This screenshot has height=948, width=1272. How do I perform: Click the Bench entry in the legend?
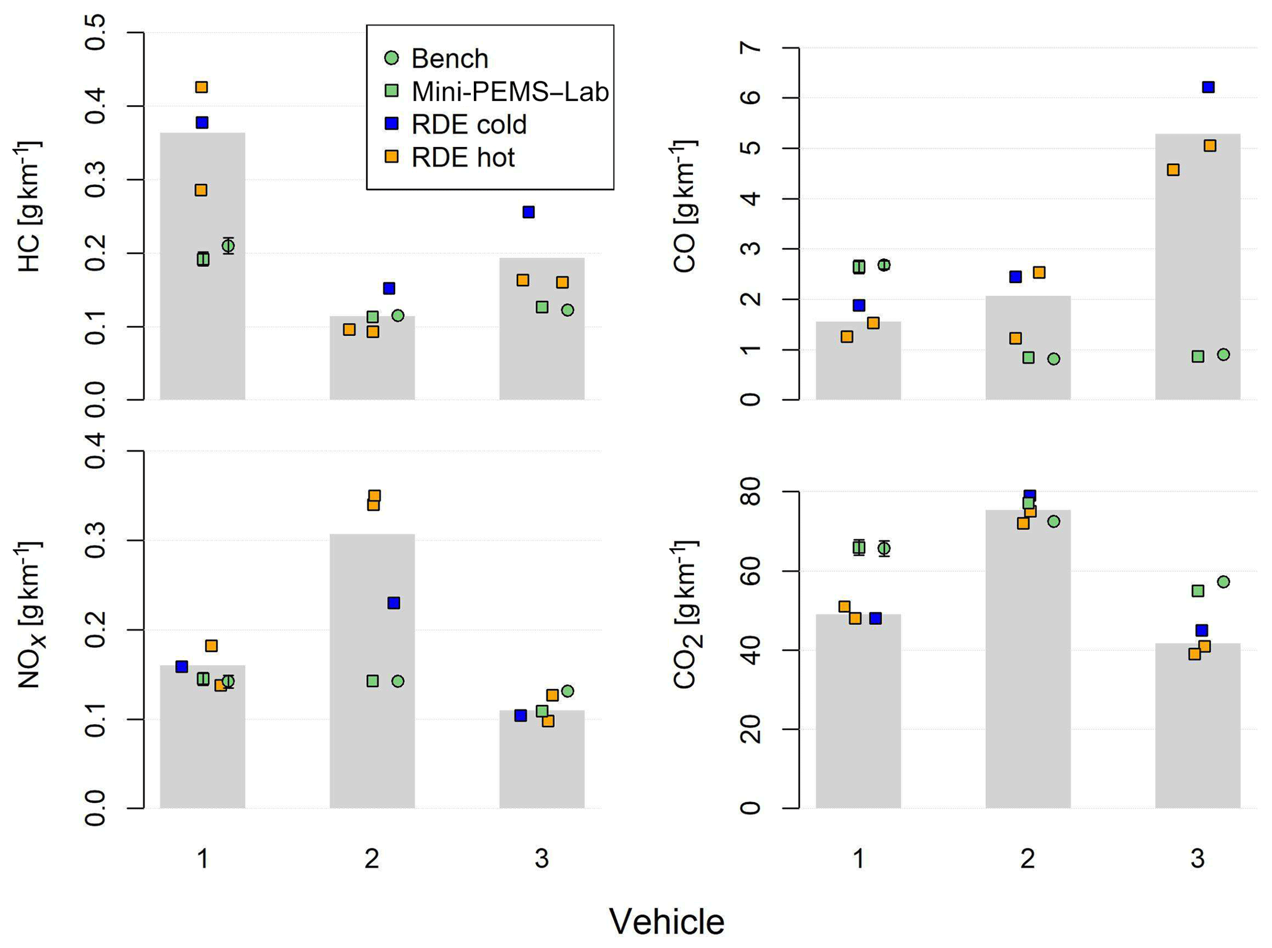[x=449, y=59]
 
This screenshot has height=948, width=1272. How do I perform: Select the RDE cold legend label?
[x=469, y=125]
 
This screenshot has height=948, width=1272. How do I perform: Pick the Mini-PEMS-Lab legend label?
[x=510, y=92]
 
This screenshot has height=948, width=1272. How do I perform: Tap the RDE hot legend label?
[x=463, y=158]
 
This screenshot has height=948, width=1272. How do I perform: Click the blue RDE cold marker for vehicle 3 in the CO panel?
[x=1209, y=87]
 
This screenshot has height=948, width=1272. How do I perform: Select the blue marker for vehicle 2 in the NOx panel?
[x=394, y=603]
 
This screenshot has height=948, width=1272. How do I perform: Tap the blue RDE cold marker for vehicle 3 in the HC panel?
[x=529, y=212]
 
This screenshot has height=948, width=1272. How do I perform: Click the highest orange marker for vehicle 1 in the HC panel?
[x=201, y=87]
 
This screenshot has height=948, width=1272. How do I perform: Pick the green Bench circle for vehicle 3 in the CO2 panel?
[x=1223, y=582]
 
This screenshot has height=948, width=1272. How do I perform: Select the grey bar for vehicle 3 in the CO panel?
[x=1198, y=258]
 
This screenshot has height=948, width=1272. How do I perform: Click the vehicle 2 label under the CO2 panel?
[x=1028, y=859]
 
